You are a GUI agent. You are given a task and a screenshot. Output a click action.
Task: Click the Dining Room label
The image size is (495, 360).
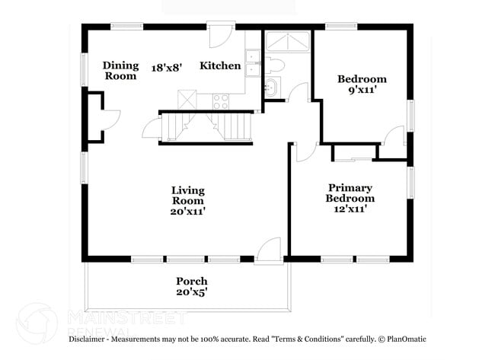[120, 71]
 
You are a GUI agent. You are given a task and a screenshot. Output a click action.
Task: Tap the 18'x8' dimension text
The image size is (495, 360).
[167, 66]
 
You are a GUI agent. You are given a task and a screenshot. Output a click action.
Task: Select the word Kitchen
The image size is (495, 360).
[220, 66]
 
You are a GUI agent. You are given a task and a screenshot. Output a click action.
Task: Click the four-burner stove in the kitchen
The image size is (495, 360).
[222, 100]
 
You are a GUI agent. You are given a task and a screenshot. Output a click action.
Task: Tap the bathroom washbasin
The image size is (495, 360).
[272, 88]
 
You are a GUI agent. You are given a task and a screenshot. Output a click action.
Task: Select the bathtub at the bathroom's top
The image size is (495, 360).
[286, 42]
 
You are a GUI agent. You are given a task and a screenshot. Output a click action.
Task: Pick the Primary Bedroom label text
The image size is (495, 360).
[350, 193]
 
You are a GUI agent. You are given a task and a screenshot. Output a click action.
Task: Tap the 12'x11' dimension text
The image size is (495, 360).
[350, 209]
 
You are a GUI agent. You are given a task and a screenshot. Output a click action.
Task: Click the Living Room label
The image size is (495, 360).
[187, 196]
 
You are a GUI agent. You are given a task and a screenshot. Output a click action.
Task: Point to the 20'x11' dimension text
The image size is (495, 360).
[187, 212]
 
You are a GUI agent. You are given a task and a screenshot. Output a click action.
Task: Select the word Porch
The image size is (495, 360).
[192, 281]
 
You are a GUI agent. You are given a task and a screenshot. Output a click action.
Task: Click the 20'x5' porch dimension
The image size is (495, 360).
[192, 292]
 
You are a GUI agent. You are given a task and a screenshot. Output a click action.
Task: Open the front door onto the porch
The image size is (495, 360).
[268, 251]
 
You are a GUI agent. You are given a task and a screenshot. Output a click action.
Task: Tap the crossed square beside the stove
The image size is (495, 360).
[187, 100]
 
